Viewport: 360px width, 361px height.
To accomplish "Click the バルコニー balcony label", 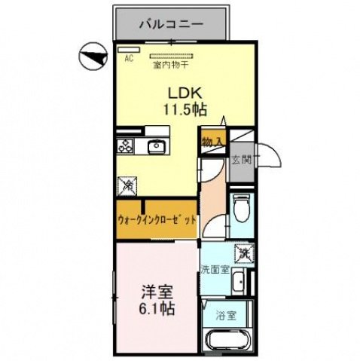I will tap(171, 24).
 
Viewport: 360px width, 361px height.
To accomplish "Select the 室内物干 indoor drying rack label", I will tap(172, 66).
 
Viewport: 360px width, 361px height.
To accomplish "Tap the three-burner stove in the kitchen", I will tap(126, 146).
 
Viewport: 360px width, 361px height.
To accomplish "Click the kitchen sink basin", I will tap(157, 147).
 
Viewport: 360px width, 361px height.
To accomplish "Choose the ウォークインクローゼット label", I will tap(157, 220).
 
